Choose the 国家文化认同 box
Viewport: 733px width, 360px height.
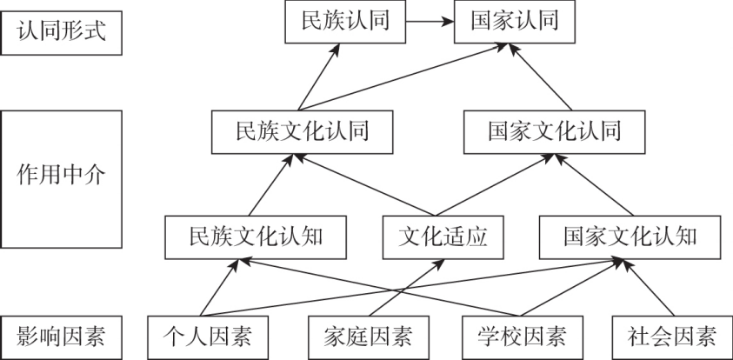554,132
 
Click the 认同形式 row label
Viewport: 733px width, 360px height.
62,33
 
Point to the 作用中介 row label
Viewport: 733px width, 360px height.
62,173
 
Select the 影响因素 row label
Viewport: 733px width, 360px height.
62,335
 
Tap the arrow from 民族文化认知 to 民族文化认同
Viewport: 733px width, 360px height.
275,184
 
